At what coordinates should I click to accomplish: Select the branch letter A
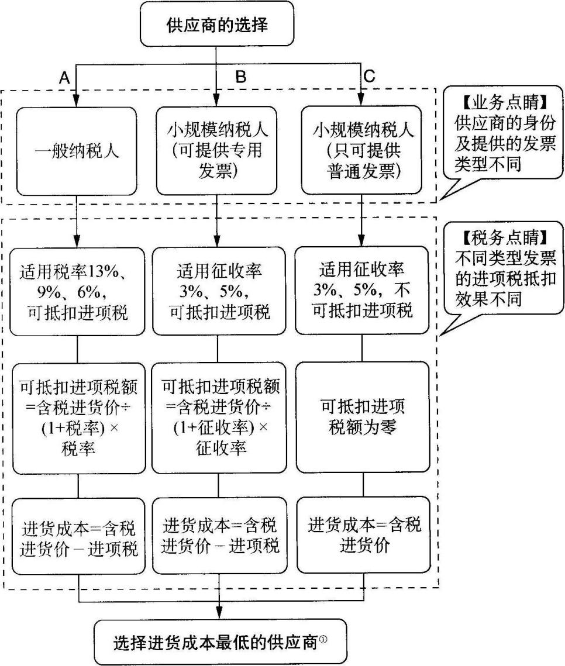pyautogui.click(x=65, y=77)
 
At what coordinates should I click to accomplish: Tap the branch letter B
pyautogui.click(x=240, y=77)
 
